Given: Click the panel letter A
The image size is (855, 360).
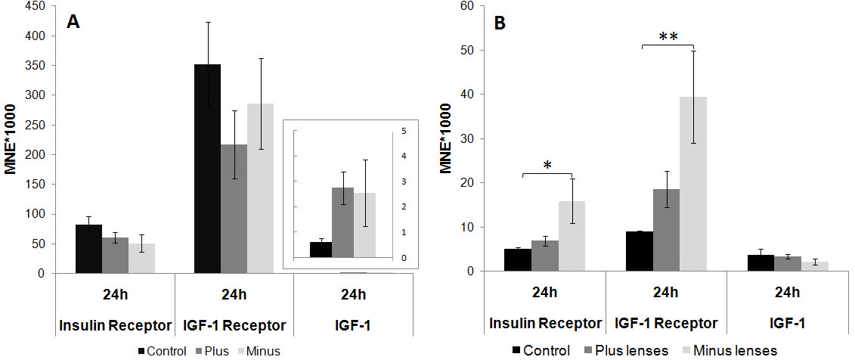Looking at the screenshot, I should pos(73,22).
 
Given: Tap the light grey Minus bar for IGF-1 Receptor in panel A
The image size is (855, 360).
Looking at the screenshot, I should pos(260,188).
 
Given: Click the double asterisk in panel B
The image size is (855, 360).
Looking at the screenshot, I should pos(668,37).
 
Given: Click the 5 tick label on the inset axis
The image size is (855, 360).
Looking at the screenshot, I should pos(404,131).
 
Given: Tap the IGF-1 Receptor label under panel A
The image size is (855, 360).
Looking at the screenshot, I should pos(234,326).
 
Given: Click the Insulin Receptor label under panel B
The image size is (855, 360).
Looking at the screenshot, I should pos(546,324).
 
